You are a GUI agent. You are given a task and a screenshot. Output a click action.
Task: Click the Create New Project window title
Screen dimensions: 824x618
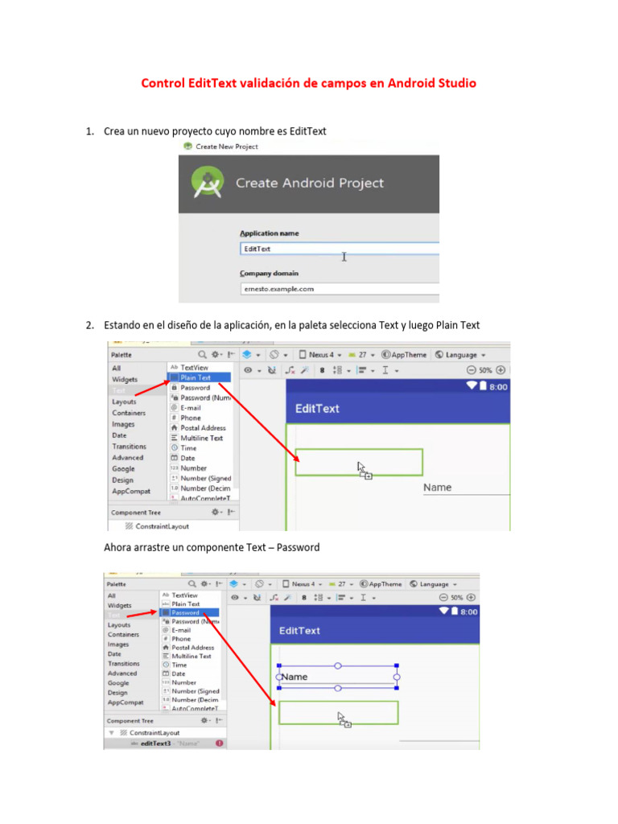click(226, 146)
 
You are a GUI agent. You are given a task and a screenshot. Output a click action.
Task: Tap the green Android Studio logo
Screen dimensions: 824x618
click(208, 183)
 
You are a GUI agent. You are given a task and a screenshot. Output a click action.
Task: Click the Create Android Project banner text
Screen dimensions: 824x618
click(309, 183)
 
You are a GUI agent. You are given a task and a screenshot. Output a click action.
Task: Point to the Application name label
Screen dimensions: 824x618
click(269, 233)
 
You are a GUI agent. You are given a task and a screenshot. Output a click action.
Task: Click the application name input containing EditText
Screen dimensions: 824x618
click(338, 249)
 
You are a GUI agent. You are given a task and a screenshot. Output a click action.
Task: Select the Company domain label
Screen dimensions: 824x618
click(269, 273)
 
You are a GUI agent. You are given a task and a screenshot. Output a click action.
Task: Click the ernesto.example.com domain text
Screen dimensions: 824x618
click(278, 289)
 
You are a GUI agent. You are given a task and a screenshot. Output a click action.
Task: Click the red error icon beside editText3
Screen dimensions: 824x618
click(219, 744)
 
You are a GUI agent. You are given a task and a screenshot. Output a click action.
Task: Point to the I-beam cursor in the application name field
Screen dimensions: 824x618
click(344, 256)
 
